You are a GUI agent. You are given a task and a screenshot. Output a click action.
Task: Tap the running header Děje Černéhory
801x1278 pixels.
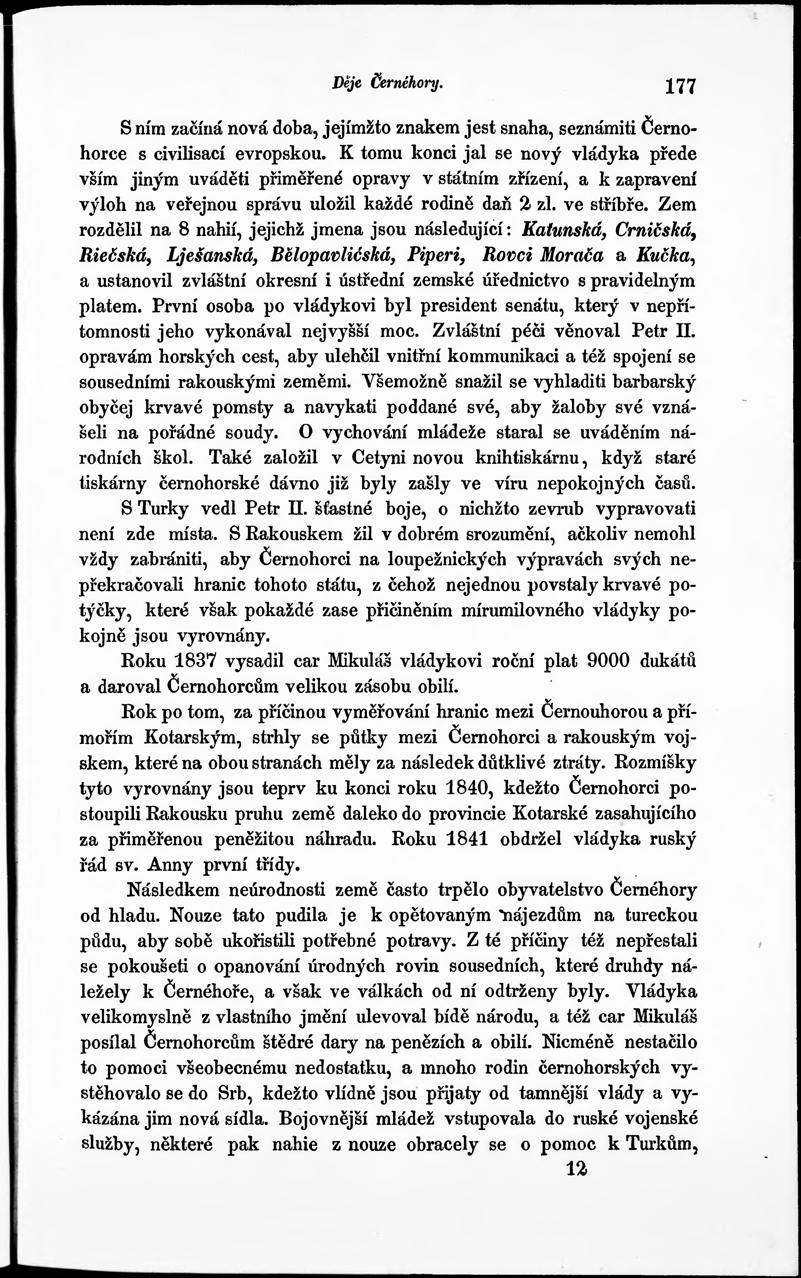tap(387, 82)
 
